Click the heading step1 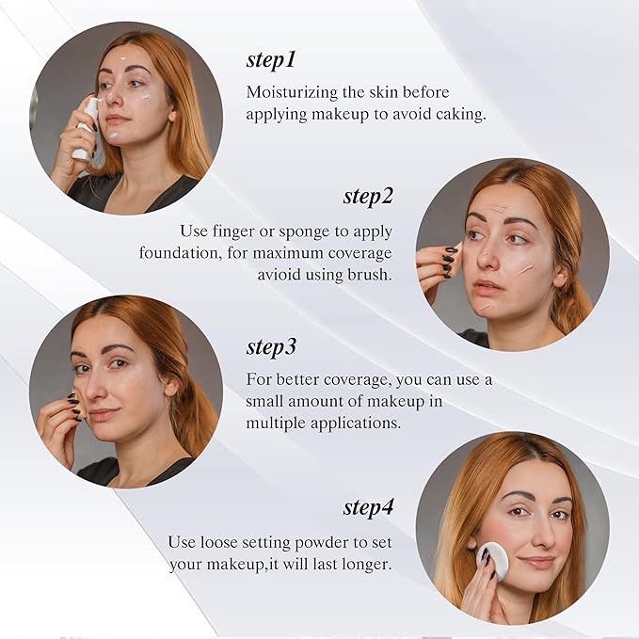[271, 60]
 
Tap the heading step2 [368, 197]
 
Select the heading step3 [271, 346]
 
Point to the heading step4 [368, 508]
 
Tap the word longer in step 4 [366, 565]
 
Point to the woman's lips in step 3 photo [103, 415]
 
